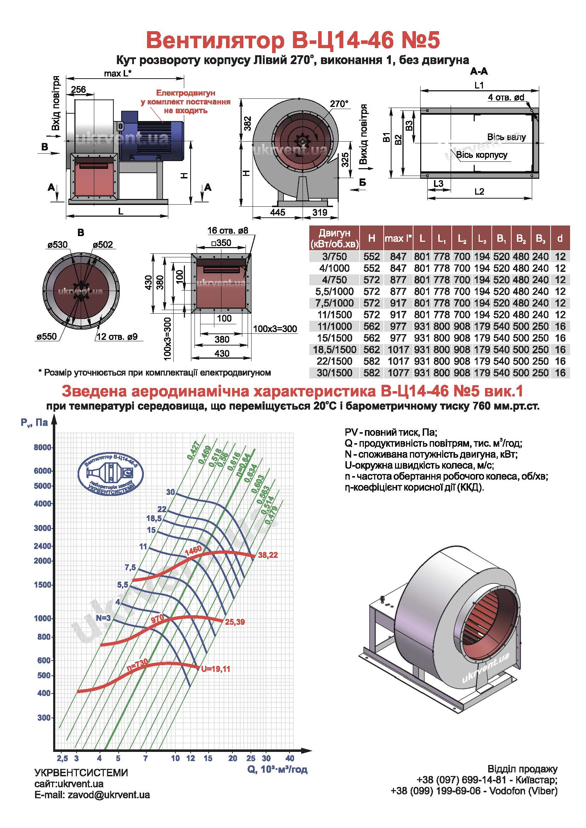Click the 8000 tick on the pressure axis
(42, 447)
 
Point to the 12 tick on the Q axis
(191, 758)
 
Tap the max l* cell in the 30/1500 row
(398, 372)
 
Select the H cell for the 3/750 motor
(372, 256)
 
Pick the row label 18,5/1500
(334, 349)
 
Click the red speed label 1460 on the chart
(193, 550)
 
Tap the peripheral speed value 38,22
(268, 555)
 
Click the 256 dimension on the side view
(78, 89)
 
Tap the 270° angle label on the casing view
(339, 104)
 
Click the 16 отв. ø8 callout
(228, 230)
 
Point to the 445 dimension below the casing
(277, 212)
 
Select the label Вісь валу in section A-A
(506, 137)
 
